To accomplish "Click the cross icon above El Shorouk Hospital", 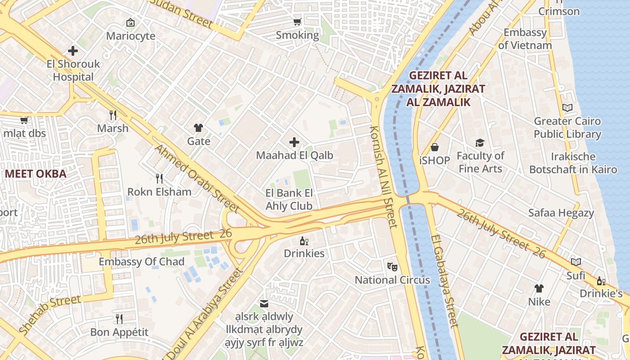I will click(73, 51).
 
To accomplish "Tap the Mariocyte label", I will click(130, 36).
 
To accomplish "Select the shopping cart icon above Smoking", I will click(297, 22).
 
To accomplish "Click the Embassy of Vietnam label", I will click(525, 39).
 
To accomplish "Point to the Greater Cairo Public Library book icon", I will click(567, 108).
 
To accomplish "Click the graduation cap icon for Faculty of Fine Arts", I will click(480, 143).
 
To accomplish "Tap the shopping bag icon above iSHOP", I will click(435, 147).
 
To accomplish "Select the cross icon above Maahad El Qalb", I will click(294, 143).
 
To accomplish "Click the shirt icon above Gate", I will click(198, 128).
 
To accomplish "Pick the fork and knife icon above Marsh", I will click(113, 115).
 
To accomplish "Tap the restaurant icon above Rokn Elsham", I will click(159, 179).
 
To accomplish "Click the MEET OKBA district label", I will click(36, 174).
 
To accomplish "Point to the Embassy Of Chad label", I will click(141, 262).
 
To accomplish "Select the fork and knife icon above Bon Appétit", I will click(119, 319).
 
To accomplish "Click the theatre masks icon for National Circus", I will click(392, 267).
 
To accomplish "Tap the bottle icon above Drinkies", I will click(304, 241).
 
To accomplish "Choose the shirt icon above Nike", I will click(539, 288).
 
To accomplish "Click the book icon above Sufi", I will click(576, 262).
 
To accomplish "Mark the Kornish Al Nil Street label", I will click(384, 177).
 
